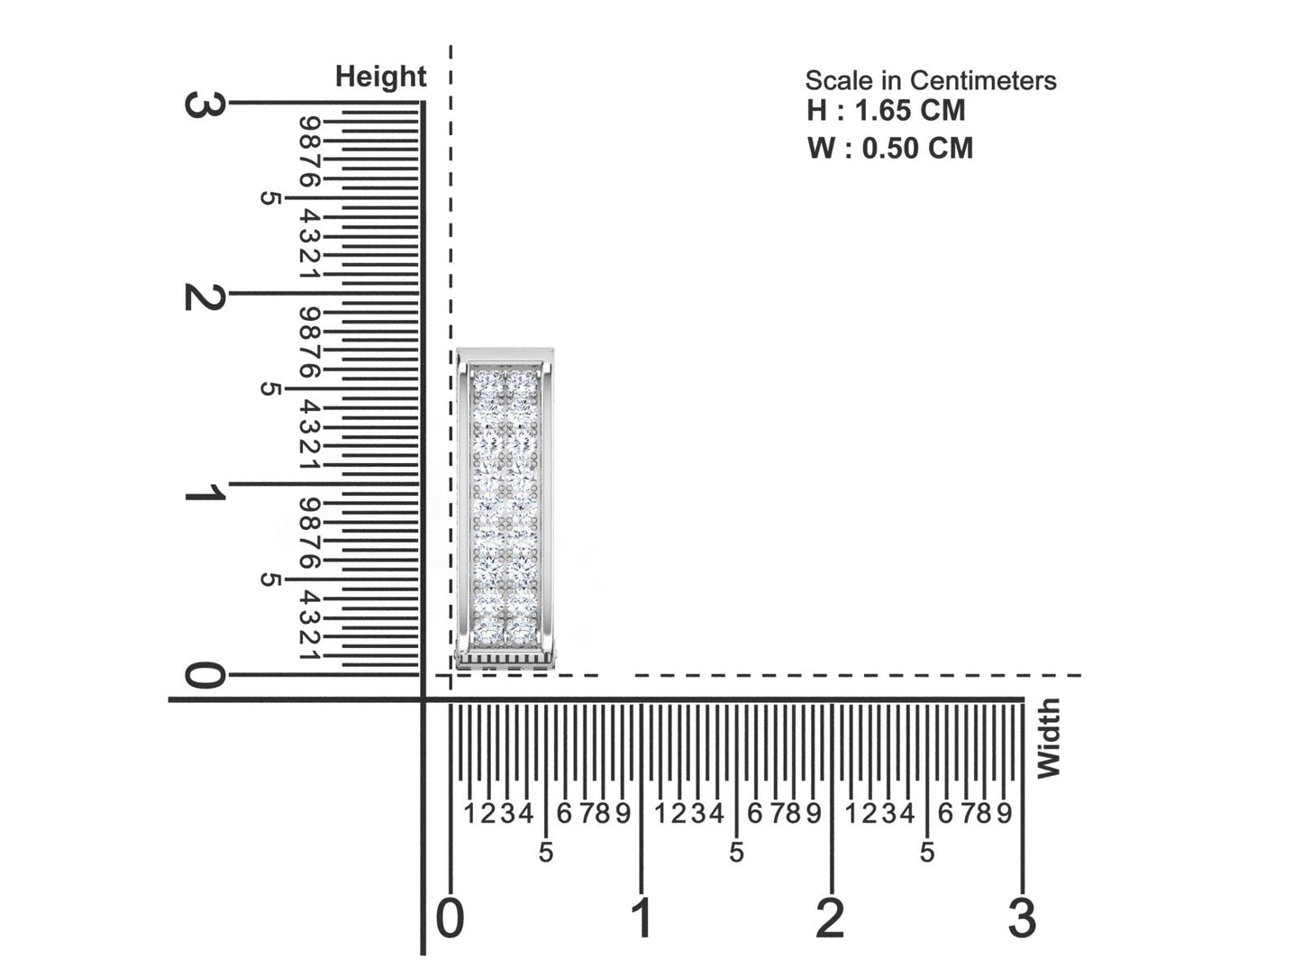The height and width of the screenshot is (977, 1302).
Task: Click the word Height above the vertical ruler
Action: pos(380,78)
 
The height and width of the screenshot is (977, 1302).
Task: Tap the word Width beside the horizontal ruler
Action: pos(1048,738)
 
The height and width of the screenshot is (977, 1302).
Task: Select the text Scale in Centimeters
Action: pos(930,81)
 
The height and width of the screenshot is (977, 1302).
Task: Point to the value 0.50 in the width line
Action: pos(888,148)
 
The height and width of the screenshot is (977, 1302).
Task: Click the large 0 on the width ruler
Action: pos(451,918)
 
